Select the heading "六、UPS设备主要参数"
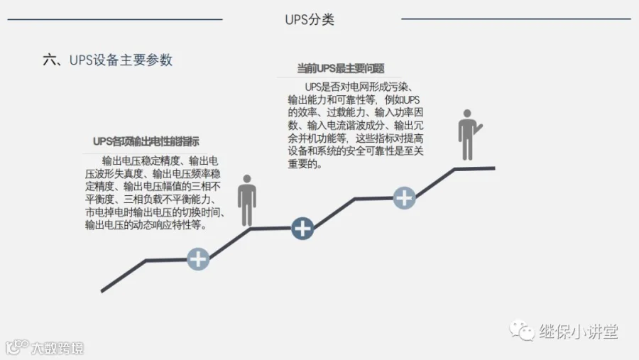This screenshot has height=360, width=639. point(108,60)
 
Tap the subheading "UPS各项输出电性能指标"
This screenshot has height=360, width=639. point(146,141)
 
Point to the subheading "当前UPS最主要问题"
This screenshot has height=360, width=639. point(341,69)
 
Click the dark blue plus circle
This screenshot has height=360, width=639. point(302,228)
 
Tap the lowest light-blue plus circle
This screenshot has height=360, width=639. point(198,259)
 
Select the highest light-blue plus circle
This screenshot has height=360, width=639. point(404,197)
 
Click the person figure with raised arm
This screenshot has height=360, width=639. point(468,135)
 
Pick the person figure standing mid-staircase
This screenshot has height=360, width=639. point(246,200)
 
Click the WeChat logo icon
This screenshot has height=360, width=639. point(525,331)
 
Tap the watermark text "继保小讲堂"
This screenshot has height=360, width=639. point(579,332)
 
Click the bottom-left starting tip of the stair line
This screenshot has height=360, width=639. point(103,290)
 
